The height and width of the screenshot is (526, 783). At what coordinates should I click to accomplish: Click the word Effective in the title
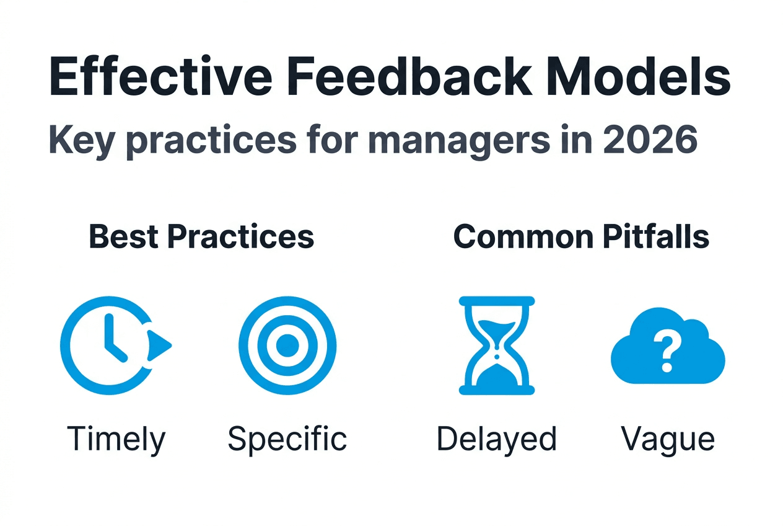click(x=160, y=76)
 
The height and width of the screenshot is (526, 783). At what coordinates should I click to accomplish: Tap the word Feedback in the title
click(x=409, y=76)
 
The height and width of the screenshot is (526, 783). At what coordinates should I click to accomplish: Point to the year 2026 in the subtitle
click(x=650, y=140)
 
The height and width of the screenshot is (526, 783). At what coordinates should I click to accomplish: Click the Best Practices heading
click(x=202, y=236)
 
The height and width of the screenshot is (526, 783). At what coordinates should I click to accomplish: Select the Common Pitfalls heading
click(x=581, y=236)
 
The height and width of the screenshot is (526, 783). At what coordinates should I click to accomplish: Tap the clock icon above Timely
click(x=115, y=345)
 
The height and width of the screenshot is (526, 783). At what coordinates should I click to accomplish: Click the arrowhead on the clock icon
click(x=158, y=345)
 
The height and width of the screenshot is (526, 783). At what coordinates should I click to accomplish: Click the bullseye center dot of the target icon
click(x=287, y=345)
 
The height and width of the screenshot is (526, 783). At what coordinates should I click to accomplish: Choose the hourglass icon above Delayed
click(x=497, y=345)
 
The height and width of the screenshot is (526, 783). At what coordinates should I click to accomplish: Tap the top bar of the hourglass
click(x=497, y=301)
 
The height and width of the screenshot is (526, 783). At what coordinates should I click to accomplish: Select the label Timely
click(x=116, y=440)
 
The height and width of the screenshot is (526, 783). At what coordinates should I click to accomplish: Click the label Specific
click(x=287, y=440)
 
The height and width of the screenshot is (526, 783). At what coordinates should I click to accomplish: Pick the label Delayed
click(x=496, y=440)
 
